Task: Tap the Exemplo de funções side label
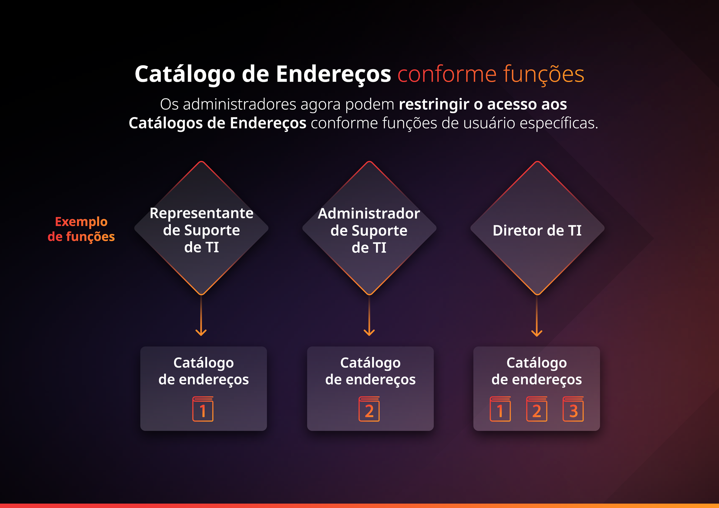[x=81, y=229]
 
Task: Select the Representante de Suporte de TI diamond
[x=201, y=228]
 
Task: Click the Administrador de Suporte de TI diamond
[x=369, y=228]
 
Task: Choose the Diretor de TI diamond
[x=537, y=228]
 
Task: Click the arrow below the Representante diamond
[x=201, y=315]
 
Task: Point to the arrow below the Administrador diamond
[x=369, y=315]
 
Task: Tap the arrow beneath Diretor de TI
[x=537, y=315]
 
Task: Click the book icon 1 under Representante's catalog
[x=203, y=409]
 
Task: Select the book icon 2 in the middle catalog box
[x=369, y=409]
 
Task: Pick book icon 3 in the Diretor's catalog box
[x=573, y=409]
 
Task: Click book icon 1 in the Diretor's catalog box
[x=500, y=409]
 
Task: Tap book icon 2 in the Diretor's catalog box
[x=537, y=409]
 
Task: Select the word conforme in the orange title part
[x=447, y=74]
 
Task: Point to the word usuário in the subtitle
[x=489, y=123]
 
